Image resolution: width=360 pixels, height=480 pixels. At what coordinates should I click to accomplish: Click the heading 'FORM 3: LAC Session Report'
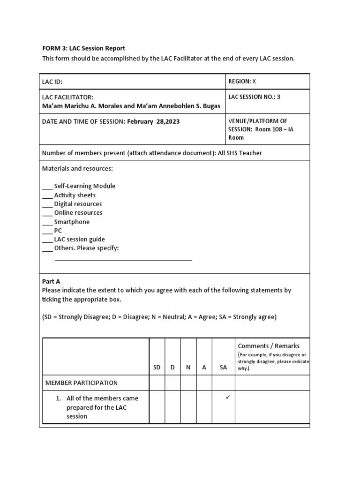[84, 48]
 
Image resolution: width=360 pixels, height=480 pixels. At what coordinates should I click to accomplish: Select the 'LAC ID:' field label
[52, 82]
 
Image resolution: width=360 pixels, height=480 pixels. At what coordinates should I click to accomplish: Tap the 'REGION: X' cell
[242, 81]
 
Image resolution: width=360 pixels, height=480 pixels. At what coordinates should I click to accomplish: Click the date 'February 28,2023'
[153, 121]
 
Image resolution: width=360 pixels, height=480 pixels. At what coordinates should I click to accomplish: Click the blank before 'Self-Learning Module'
[47, 187]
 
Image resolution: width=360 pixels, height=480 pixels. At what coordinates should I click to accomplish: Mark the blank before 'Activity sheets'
[47, 195]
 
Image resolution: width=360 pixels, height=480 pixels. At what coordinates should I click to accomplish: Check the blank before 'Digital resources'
[47, 204]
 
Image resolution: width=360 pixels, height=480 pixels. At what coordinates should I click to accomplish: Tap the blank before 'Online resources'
[47, 213]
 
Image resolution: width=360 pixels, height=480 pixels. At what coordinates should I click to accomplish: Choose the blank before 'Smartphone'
[47, 222]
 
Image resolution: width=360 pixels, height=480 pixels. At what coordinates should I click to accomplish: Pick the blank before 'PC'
[47, 231]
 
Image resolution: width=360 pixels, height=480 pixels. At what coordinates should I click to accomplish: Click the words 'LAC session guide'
[79, 240]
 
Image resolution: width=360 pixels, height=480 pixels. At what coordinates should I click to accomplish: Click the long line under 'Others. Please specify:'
[123, 259]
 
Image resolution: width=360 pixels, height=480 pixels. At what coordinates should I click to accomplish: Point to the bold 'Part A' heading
[51, 282]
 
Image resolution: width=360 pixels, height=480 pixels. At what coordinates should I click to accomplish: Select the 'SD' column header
[157, 367]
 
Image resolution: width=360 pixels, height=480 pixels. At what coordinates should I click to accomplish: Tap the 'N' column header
[188, 367]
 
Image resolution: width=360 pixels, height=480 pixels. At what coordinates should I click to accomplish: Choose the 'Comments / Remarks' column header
[269, 346]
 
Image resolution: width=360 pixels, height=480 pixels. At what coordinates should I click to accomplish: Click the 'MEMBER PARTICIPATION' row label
[81, 383]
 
